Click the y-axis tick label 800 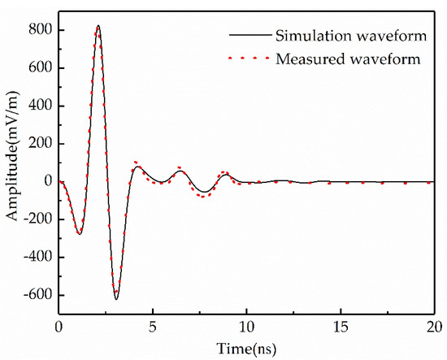pyautogui.click(x=41, y=30)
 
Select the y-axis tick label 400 pyautogui.click(x=41, y=106)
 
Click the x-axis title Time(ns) pyautogui.click(x=245, y=348)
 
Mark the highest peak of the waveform pyautogui.click(x=98, y=25)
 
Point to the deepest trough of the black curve pyautogui.click(x=116, y=300)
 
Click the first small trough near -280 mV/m pyautogui.click(x=79, y=234)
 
